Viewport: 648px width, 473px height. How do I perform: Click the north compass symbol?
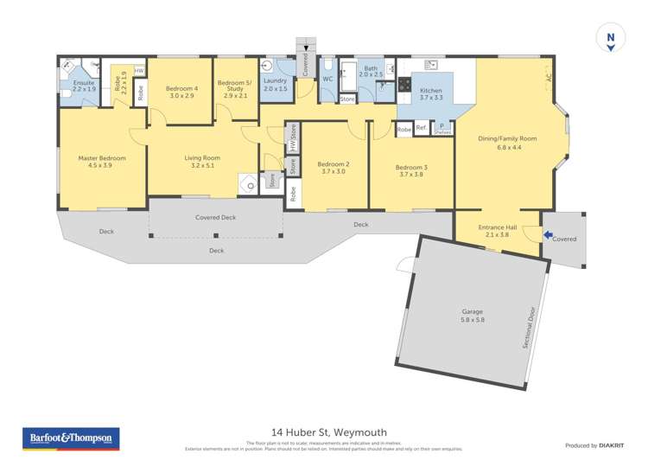611,37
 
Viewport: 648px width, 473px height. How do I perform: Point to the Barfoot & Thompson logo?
70,438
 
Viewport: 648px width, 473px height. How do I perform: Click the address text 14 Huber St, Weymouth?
329,432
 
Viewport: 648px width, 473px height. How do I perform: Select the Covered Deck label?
216,217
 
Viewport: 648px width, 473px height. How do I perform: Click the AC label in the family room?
547,77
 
